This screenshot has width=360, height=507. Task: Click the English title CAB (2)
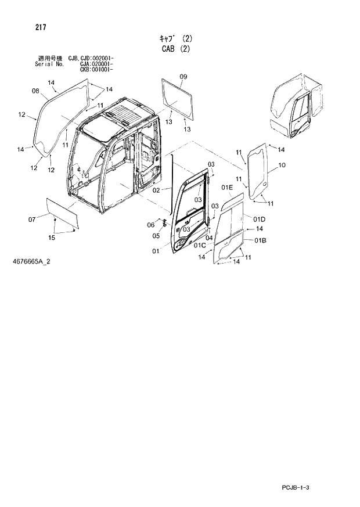175,49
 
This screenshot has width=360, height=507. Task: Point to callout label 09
183,77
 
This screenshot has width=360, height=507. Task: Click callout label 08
35,91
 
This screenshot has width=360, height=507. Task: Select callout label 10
282,166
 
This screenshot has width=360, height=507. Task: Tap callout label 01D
258,219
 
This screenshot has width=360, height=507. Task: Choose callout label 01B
260,240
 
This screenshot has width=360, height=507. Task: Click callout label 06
150,225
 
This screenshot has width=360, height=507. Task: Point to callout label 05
156,236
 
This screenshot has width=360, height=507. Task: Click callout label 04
208,237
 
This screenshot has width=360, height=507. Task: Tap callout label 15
51,238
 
